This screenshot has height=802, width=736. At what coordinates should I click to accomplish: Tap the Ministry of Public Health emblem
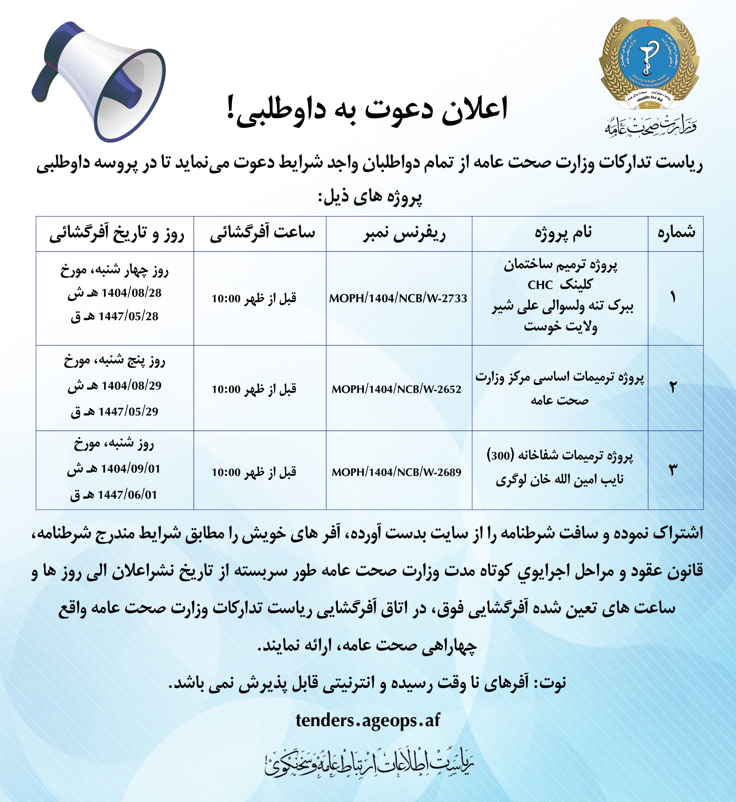click(x=649, y=64)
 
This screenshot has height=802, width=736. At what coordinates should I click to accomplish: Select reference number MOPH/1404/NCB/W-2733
click(x=398, y=298)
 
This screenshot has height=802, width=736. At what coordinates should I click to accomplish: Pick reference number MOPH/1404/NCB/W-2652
click(x=396, y=389)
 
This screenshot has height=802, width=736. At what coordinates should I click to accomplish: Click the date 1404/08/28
click(x=131, y=293)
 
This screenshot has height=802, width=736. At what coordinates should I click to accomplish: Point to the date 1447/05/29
click(x=128, y=411)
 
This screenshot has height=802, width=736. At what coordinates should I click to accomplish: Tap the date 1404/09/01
click(x=131, y=469)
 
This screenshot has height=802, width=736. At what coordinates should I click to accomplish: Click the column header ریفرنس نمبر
click(x=404, y=233)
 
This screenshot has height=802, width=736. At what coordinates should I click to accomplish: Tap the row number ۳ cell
click(x=673, y=470)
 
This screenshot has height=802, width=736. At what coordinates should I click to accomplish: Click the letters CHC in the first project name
click(x=540, y=285)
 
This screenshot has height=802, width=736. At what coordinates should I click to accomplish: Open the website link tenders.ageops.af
click(x=368, y=720)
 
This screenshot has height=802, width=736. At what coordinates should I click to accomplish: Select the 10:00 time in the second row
click(x=226, y=389)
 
